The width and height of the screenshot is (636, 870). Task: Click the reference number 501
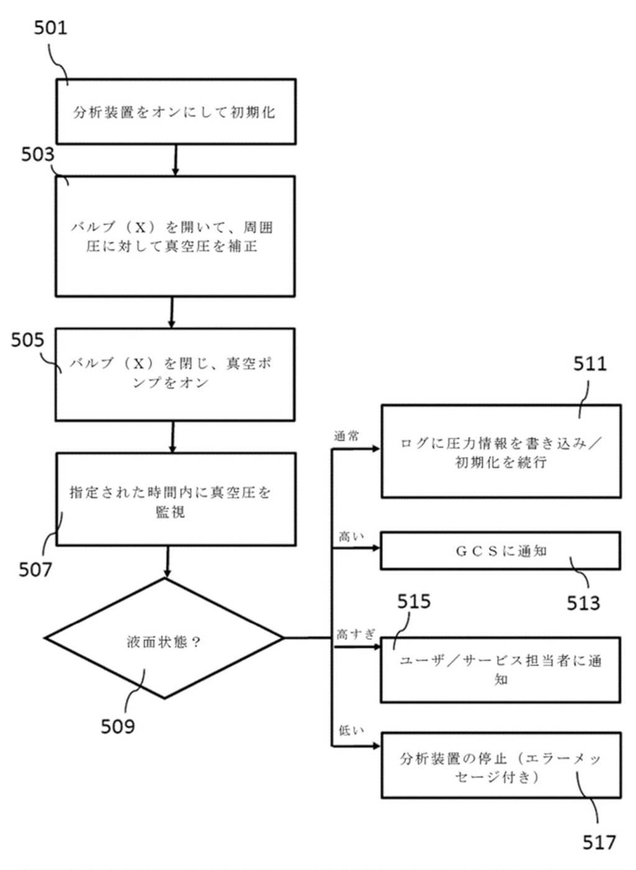pyautogui.click(x=50, y=28)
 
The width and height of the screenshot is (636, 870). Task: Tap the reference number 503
pyautogui.click(x=38, y=154)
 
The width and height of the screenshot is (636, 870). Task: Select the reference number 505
pyautogui.click(x=28, y=340)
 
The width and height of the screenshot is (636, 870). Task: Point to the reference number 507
pyautogui.click(x=35, y=569)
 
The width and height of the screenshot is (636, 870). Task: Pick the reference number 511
pyautogui.click(x=589, y=364)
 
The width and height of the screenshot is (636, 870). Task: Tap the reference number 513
pyautogui.click(x=583, y=603)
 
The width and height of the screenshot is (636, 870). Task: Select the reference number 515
pyautogui.click(x=414, y=601)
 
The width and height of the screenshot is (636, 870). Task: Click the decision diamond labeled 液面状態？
pyautogui.click(x=165, y=639)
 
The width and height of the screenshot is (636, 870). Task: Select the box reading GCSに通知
pyautogui.click(x=500, y=550)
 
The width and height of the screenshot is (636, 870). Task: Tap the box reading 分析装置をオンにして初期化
pyautogui.click(x=176, y=112)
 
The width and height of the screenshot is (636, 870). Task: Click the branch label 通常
pyautogui.click(x=347, y=436)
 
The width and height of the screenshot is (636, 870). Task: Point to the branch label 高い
pyautogui.click(x=351, y=536)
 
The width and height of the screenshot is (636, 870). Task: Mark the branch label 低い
pyautogui.click(x=351, y=731)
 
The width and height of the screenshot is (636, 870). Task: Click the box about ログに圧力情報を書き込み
pyautogui.click(x=500, y=451)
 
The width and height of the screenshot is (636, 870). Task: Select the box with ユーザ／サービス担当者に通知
pyautogui.click(x=500, y=670)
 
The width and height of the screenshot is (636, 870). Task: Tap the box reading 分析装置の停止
pyautogui.click(x=500, y=765)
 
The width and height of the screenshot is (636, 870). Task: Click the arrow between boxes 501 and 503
pyautogui.click(x=176, y=160)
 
